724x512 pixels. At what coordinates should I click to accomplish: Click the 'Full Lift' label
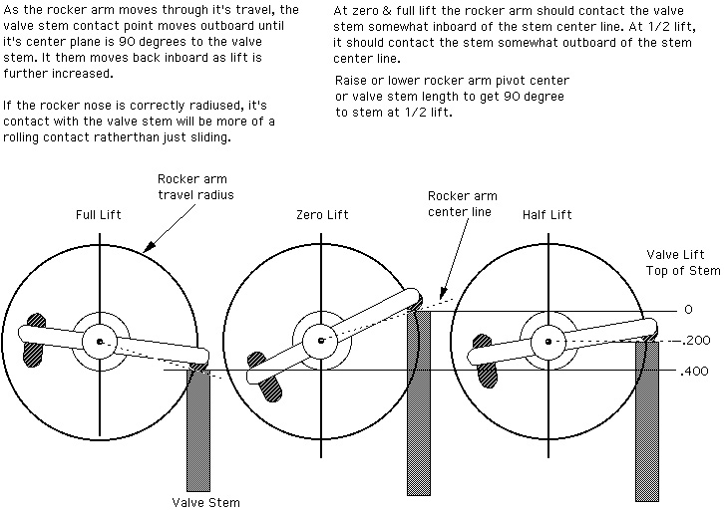point(99,214)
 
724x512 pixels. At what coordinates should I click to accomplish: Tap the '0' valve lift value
point(687,310)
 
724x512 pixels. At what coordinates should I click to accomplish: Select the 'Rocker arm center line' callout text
point(460,203)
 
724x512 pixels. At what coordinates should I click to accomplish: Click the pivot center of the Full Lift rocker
point(100,342)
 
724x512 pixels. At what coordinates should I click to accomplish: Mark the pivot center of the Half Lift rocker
point(545,342)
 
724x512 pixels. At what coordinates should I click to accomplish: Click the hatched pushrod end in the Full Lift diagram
point(38,339)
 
